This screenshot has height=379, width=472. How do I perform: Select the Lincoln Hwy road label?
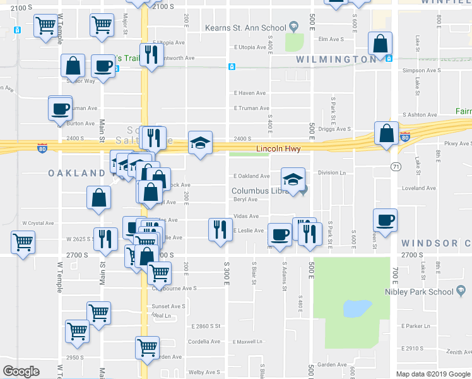point(278,150)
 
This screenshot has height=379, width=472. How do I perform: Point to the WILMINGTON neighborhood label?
point(337,59)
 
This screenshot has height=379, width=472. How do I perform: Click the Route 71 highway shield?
point(396,166)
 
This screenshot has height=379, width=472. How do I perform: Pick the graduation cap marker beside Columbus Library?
point(293,179)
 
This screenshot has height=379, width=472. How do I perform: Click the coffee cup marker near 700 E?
point(385,220)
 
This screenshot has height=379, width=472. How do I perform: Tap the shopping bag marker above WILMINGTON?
point(381,44)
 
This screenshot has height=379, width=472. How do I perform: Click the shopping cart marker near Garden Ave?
point(147,347)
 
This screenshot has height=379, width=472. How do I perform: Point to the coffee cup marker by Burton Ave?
point(60,107)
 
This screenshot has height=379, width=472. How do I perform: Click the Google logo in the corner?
point(21,371)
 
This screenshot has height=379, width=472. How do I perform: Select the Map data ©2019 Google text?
point(433,374)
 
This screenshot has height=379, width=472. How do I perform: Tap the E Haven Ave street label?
point(251,93)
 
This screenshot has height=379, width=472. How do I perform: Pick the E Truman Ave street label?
point(251,108)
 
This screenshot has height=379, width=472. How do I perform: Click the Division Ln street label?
point(332,172)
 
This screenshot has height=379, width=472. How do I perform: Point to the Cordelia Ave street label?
point(204,341)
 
